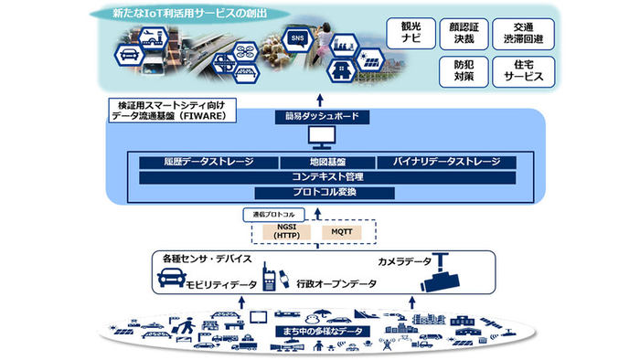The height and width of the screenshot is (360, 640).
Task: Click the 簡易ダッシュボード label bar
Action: tap(323, 118)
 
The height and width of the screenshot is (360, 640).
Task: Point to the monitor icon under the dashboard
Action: tap(323, 140)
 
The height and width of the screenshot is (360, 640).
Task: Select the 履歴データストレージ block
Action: tap(208, 163)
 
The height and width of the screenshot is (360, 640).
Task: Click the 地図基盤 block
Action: tap(325, 163)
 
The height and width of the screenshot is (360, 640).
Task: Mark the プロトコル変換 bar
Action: tap(325, 193)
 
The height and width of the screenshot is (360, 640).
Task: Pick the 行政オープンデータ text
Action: tap(336, 285)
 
